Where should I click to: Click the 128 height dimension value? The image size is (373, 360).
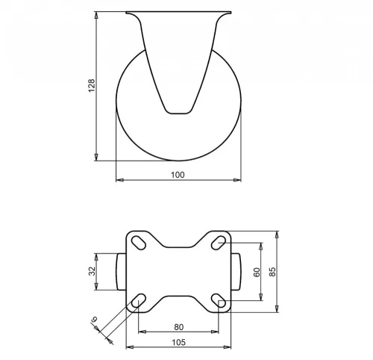click(x=92, y=86)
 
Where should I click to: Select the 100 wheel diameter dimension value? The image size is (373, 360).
click(x=178, y=175)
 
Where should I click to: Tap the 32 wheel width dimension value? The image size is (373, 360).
click(x=92, y=271)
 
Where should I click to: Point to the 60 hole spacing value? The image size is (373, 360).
click(x=257, y=272)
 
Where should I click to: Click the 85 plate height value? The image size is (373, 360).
click(x=272, y=272)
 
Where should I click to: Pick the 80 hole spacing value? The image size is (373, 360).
click(x=179, y=327)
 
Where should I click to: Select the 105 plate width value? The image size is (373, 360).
click(x=179, y=343)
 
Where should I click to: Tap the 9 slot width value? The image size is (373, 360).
click(x=95, y=320)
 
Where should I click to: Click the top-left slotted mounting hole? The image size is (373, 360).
click(x=139, y=242)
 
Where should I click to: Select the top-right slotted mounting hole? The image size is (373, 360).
click(x=219, y=243)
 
